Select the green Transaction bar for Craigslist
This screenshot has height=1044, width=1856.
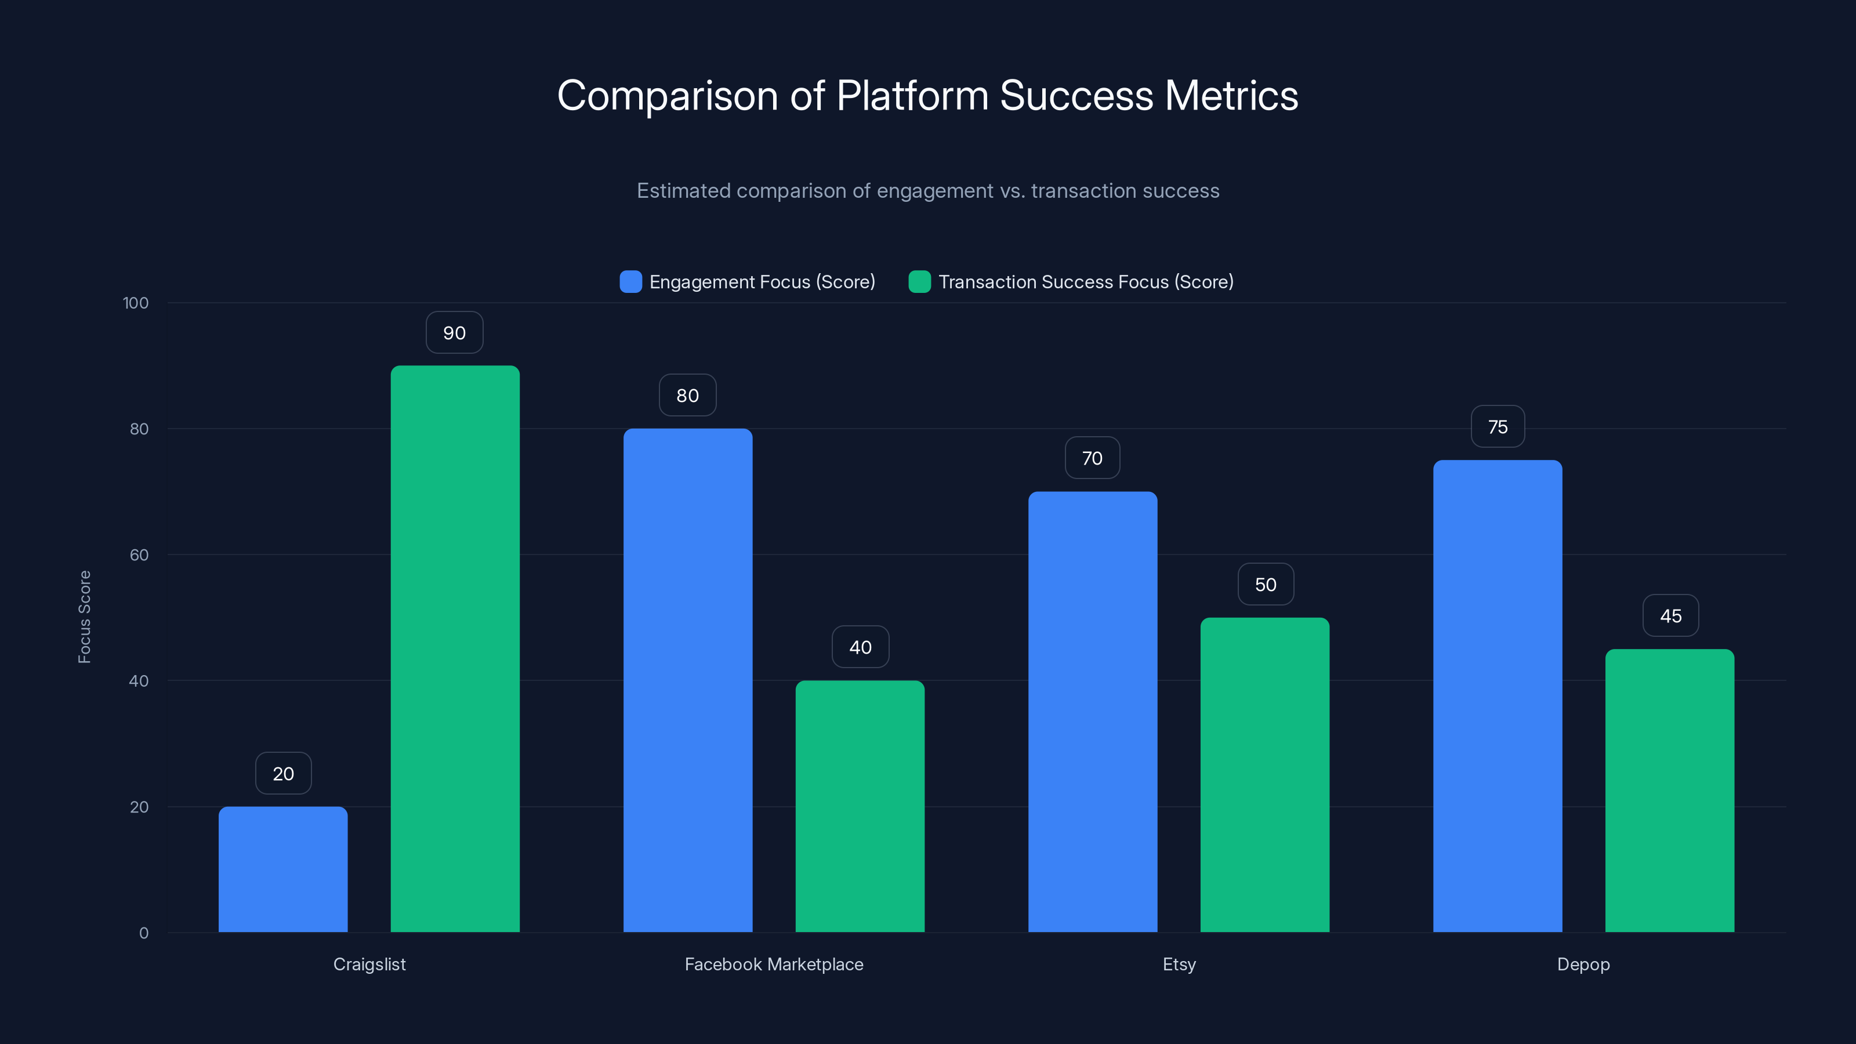[x=455, y=648]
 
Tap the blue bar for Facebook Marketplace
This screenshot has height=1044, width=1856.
[x=687, y=680]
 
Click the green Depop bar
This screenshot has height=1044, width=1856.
[x=1669, y=791]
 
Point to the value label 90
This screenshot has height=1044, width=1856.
[x=455, y=333]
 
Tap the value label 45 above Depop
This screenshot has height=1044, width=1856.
[x=1670, y=616]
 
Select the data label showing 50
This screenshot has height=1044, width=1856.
[x=1265, y=584]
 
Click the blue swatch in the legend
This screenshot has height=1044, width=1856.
[x=630, y=282]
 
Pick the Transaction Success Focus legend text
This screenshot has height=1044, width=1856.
[x=1085, y=282]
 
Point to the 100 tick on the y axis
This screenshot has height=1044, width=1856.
[x=136, y=303]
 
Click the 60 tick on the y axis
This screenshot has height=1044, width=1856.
[x=139, y=555]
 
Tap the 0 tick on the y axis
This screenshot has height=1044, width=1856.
[x=143, y=933]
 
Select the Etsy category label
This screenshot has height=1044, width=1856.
[x=1179, y=964]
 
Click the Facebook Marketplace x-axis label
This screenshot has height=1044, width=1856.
[x=773, y=964]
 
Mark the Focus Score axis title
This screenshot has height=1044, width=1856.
[x=84, y=617]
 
